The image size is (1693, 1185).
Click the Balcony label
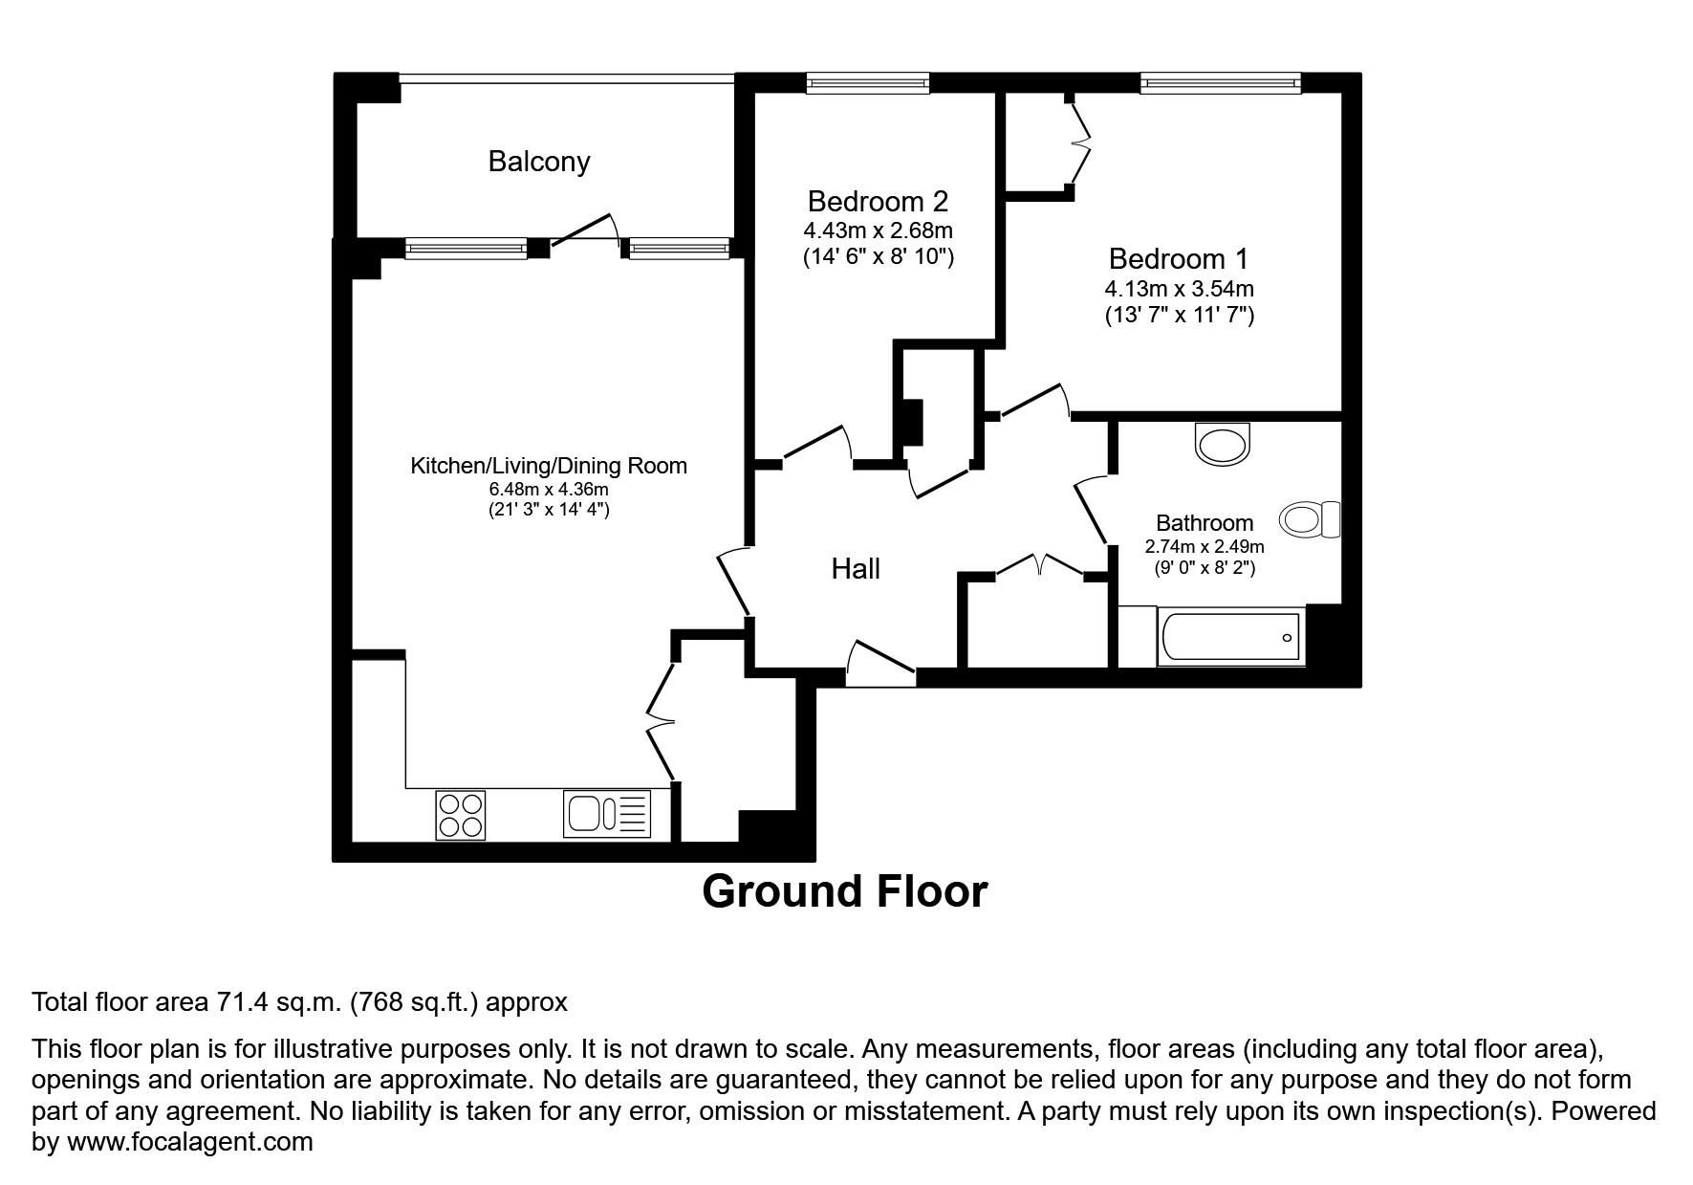click(538, 161)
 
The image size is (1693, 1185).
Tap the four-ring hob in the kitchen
click(460, 815)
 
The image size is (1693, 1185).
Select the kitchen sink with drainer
click(606, 814)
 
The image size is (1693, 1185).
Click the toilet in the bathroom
click(1310, 519)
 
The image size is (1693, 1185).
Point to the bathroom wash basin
click(1222, 446)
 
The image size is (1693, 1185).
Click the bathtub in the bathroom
click(1230, 637)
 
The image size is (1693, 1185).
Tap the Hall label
click(855, 569)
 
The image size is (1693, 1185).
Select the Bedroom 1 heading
click(1178, 258)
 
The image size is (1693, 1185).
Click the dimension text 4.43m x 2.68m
click(878, 230)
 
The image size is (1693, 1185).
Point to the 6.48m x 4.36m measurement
click(549, 489)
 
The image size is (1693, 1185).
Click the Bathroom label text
click(1204, 523)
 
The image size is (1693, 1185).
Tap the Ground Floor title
click(844, 891)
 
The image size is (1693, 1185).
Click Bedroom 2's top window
click(867, 84)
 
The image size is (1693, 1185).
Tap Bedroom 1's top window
click(1220, 84)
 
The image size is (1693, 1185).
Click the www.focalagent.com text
click(189, 1142)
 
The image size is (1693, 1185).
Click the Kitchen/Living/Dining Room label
click(549, 466)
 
